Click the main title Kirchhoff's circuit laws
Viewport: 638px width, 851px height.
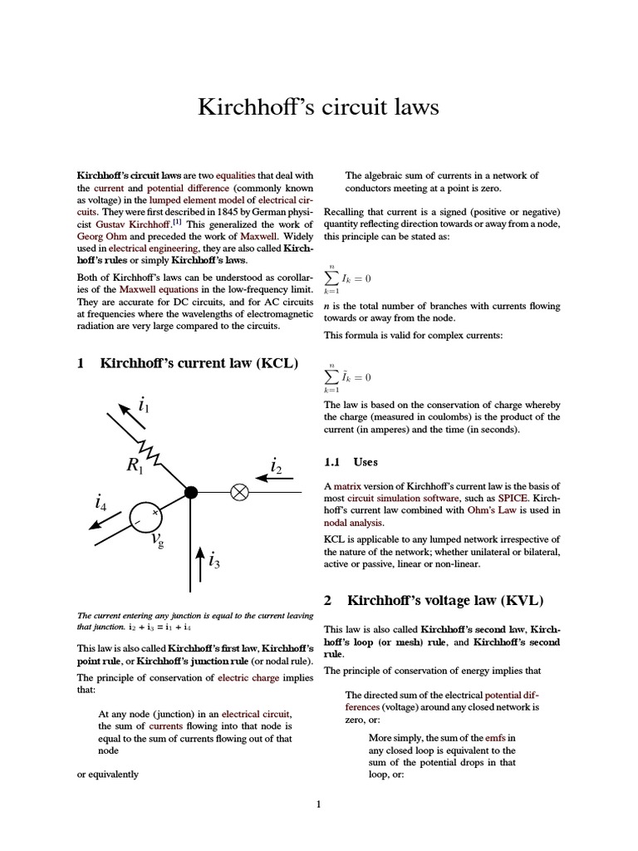[x=318, y=107]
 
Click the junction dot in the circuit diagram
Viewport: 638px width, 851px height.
[x=190, y=493]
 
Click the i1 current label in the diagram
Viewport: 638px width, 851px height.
[x=145, y=406]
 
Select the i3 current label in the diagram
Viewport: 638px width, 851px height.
[x=214, y=562]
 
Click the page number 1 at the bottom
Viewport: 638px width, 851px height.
[x=318, y=804]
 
